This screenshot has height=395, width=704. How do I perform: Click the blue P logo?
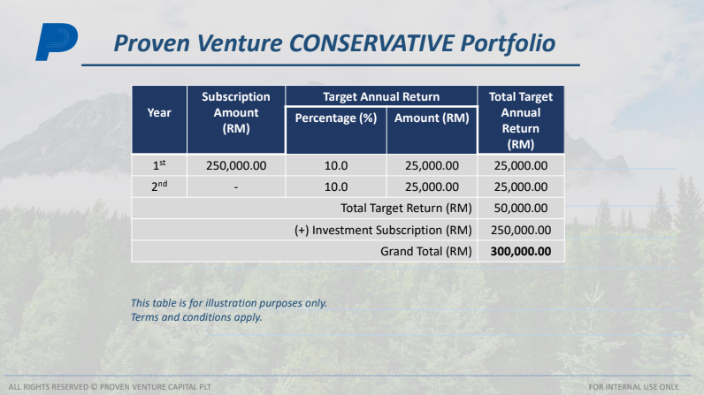coord(56,42)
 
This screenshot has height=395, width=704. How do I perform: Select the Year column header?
coord(159,112)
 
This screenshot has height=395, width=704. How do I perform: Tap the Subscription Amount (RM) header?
coord(236,112)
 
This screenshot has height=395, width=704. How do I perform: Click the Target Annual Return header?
coord(380,96)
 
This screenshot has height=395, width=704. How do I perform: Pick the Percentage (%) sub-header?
coord(336,118)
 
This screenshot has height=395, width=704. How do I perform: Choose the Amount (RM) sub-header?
coord(432,118)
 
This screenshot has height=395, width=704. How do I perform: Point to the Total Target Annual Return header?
coord(521,119)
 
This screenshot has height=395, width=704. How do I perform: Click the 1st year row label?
coord(159,164)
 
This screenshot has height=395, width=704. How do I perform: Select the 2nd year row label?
coord(159,186)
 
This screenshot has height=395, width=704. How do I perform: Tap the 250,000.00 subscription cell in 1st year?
coord(236,165)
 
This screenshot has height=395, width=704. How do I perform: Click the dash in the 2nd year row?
coord(236,187)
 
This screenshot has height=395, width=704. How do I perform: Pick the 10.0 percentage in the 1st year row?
coord(336,165)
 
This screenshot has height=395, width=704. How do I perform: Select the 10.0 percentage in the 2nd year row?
coord(336,187)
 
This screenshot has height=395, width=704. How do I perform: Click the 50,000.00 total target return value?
coord(521,209)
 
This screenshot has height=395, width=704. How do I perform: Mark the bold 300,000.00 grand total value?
coord(521,251)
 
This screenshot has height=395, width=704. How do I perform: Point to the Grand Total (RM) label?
coord(426,251)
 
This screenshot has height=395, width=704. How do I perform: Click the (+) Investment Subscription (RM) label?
coord(383,230)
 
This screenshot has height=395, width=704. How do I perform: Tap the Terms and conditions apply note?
coord(196,316)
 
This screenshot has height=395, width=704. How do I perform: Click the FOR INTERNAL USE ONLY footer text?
coord(646,387)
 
